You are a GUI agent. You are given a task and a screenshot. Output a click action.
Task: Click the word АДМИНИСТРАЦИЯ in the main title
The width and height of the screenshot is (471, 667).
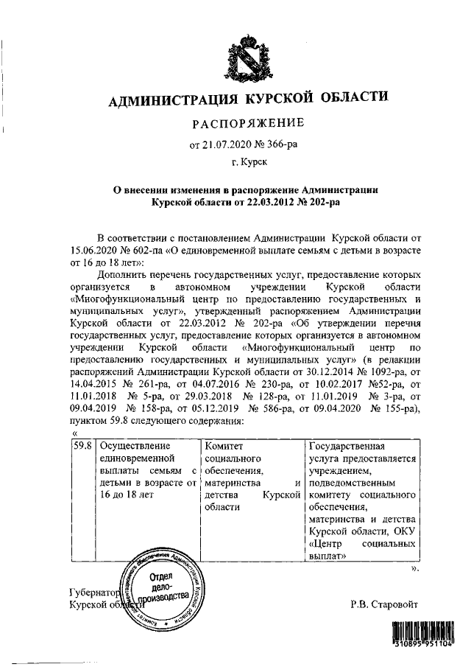pyautogui.click(x=173, y=99)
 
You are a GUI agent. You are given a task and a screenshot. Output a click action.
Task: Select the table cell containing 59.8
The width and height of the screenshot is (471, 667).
pyautogui.click(x=81, y=446)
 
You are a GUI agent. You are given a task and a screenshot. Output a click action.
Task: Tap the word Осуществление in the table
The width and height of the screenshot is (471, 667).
pyautogui.click(x=135, y=446)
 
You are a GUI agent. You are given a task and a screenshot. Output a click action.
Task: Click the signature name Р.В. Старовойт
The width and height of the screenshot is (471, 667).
pyautogui.click(x=384, y=604)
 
